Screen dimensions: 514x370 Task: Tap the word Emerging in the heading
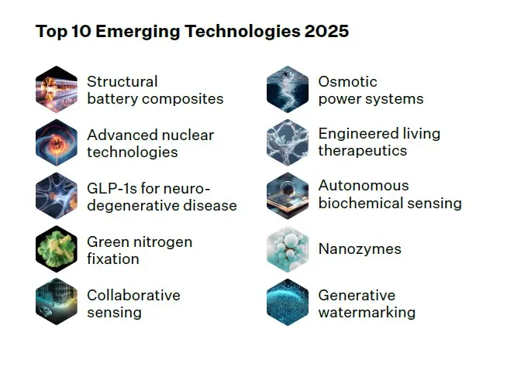point(138,33)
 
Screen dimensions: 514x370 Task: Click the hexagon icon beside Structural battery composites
point(57,89)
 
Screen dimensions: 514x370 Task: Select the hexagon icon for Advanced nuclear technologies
point(57,142)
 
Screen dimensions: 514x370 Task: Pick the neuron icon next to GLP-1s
point(57,196)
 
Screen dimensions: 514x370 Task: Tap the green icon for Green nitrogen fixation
point(57,249)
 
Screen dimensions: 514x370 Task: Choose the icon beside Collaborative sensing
point(57,302)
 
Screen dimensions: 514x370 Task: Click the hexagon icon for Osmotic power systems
point(288,89)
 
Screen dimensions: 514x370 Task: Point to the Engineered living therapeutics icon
point(288,142)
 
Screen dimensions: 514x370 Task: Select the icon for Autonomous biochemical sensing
point(288,196)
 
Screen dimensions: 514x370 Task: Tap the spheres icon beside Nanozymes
point(288,249)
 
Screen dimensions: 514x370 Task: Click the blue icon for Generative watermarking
point(288,302)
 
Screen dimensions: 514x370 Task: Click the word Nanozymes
point(360,248)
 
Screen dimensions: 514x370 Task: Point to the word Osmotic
point(347,82)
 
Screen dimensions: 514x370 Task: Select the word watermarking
point(367,312)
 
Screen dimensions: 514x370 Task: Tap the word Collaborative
point(134,296)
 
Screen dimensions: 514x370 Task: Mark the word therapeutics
point(363,151)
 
